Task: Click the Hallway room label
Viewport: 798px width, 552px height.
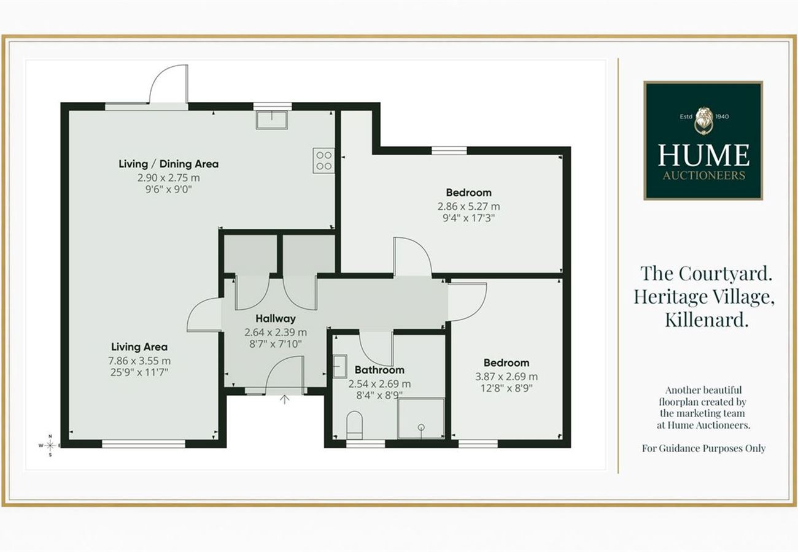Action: tap(276, 318)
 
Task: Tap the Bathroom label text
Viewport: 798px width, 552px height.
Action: tap(379, 370)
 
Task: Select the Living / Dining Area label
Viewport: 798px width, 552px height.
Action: tap(169, 164)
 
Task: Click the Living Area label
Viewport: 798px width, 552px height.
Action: tap(139, 347)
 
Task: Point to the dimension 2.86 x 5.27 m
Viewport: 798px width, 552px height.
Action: tap(469, 206)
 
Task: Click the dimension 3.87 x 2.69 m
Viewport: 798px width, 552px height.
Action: tap(506, 376)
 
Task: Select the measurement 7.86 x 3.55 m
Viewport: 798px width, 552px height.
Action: tap(140, 361)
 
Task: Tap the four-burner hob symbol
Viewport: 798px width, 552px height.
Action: tap(323, 161)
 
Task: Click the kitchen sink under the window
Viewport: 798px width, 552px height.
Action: tap(272, 120)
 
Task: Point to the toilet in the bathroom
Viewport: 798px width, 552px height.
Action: tap(354, 425)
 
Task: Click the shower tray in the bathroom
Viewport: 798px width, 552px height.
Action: tap(421, 418)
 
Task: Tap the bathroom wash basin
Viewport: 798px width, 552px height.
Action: tap(340, 366)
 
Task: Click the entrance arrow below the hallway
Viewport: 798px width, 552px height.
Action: tap(284, 399)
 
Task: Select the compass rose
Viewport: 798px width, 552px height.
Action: tap(50, 445)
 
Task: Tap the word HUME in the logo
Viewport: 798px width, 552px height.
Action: tap(703, 155)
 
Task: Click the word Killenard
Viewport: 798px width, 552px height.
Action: tap(707, 320)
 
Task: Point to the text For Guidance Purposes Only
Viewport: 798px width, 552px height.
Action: tap(703, 448)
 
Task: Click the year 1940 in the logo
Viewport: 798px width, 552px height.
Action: tap(722, 117)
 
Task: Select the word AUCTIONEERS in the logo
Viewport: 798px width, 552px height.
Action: tap(704, 175)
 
